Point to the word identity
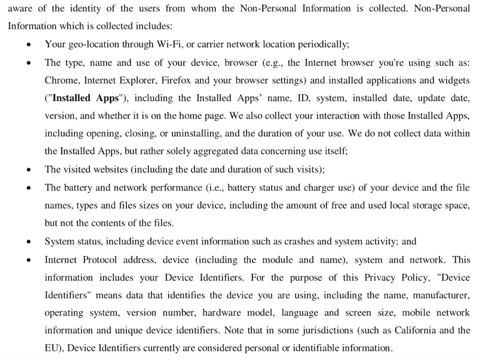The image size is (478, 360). (x=96, y=8)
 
